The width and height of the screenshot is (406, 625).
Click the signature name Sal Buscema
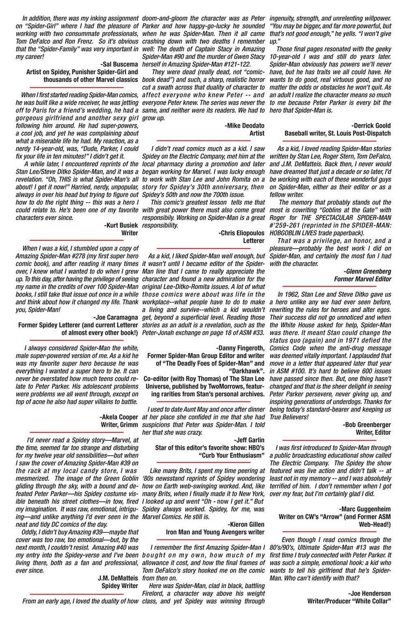(118, 65)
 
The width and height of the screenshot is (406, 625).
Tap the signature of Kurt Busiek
(121, 225)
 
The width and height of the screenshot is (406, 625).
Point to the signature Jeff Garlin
(249, 440)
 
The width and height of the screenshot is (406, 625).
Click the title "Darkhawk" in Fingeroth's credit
(247, 371)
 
